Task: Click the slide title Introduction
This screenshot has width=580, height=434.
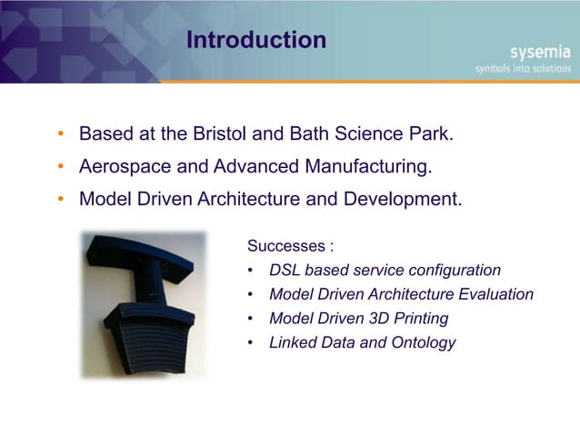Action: (255, 41)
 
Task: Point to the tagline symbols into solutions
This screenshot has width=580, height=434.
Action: (523, 68)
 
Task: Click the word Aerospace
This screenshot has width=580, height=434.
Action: (124, 167)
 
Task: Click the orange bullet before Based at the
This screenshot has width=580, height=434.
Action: (61, 136)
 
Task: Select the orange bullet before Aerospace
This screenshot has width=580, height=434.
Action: (61, 168)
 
